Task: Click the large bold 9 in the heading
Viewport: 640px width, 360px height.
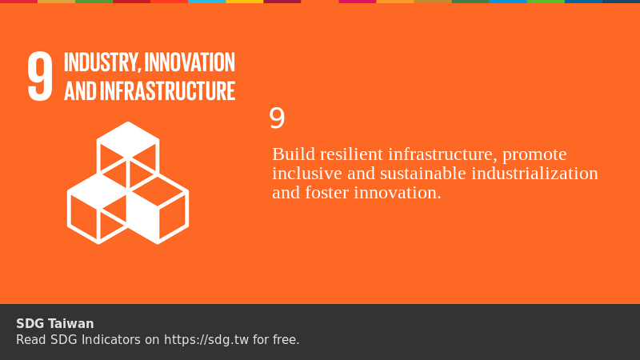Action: (40, 77)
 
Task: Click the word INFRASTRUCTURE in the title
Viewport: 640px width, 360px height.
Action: (168, 91)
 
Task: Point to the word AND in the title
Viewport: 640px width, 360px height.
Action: (80, 91)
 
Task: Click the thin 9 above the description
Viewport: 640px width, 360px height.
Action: (277, 118)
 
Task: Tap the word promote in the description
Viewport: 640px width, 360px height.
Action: (534, 154)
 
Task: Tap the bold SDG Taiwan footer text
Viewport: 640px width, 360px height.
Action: (55, 324)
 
